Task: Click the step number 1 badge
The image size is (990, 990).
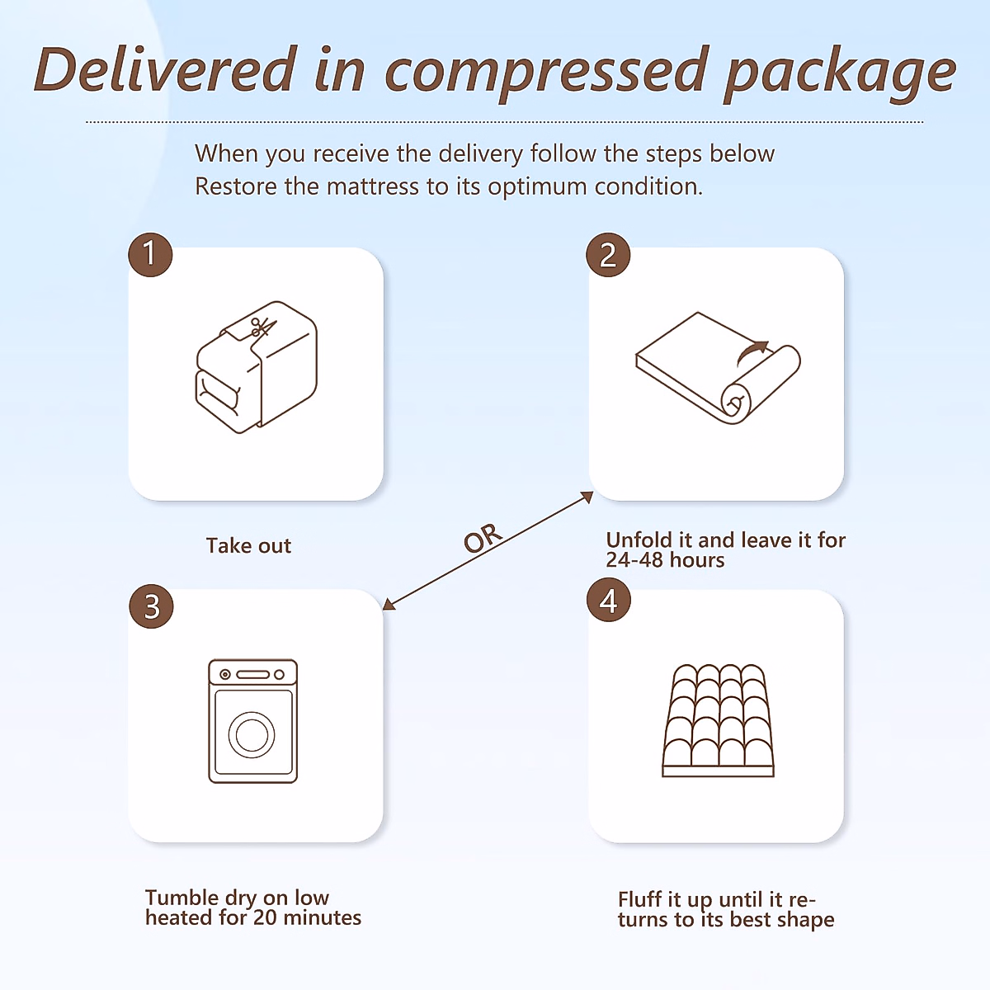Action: (x=150, y=253)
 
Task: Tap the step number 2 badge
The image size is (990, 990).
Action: (x=608, y=255)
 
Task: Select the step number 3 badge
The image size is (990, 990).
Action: (x=151, y=606)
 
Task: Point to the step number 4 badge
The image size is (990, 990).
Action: (x=608, y=600)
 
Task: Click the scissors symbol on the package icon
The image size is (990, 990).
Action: (x=263, y=328)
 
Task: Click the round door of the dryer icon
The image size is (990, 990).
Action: (x=252, y=734)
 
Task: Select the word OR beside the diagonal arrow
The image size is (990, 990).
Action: (x=483, y=538)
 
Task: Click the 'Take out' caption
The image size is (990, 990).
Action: (x=248, y=546)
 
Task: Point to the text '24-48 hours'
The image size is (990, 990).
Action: (x=665, y=560)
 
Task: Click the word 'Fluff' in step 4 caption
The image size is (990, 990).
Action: (x=640, y=899)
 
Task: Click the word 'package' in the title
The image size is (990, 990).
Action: (x=839, y=73)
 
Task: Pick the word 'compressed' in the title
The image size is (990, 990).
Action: (x=546, y=73)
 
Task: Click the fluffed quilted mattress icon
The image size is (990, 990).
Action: (x=719, y=720)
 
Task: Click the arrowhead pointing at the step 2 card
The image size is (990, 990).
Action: (x=588, y=496)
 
